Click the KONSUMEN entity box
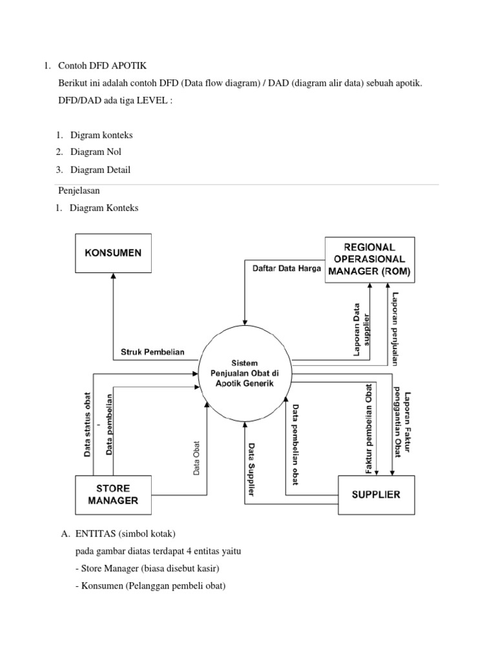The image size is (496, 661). coord(114,252)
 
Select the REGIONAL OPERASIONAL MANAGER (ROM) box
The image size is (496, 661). coord(369,259)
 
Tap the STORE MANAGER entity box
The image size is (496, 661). coord(114,494)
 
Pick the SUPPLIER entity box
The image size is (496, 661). coord(375,495)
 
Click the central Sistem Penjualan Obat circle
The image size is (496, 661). coord(245,374)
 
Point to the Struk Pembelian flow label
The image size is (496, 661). coord(152,352)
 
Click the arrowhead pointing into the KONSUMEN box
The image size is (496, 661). coord(114,275)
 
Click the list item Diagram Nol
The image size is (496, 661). coord(95,152)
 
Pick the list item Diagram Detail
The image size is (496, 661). coord(100,170)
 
